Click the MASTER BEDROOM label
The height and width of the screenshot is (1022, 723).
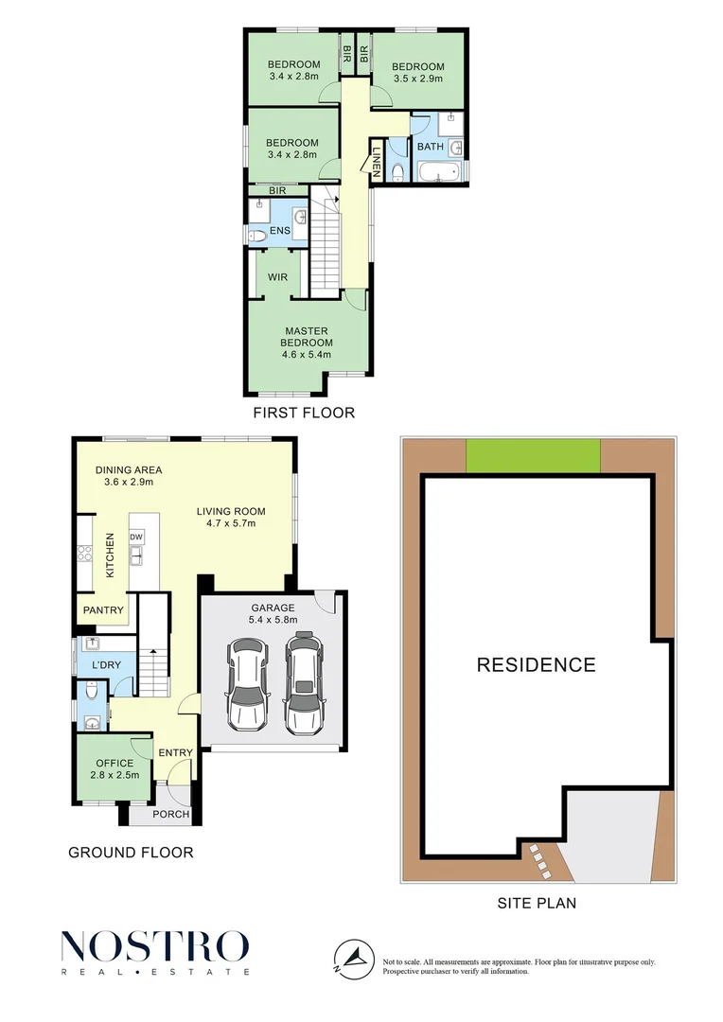309,337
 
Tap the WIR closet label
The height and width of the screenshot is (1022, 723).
277,277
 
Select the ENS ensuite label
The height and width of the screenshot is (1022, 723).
280,230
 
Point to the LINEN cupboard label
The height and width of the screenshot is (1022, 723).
376,159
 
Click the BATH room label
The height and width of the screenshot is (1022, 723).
430,147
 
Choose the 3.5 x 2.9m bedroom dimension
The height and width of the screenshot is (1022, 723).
418,79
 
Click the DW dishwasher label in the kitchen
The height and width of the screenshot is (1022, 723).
137,537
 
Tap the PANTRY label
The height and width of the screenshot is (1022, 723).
103,610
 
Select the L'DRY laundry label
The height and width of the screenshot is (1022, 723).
107,666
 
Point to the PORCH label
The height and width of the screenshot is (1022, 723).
171,815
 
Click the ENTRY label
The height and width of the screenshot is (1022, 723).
176,753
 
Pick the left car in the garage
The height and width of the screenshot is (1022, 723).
248,685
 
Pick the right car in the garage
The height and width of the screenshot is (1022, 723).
303,685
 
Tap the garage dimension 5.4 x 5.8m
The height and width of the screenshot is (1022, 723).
273,620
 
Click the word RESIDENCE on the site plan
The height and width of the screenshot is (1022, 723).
536,664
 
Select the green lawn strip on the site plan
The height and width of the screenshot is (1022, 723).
534,456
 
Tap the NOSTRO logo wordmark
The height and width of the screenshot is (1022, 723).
155,946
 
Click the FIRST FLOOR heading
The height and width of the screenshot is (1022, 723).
304,413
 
